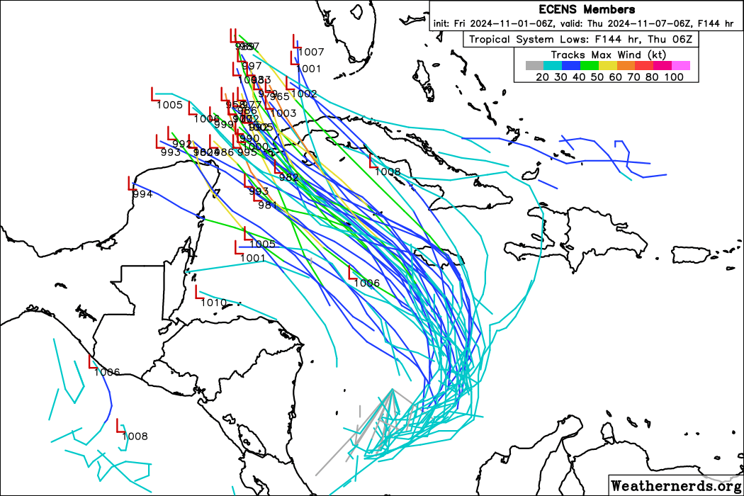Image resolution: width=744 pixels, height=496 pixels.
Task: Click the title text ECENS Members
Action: click(587, 9)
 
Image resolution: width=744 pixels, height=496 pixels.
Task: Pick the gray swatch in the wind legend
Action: click(534, 65)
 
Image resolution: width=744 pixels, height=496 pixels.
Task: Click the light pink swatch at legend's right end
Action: click(680, 65)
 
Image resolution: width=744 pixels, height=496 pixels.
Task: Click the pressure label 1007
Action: click(311, 52)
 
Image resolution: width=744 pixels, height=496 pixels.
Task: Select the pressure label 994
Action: click(142, 194)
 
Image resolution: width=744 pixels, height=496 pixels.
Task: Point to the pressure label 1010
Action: click(213, 303)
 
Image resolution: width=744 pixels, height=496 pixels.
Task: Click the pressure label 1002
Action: click(304, 94)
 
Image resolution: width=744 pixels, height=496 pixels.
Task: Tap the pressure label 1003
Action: click(283, 113)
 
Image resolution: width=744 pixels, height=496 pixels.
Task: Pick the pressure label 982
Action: click(289, 177)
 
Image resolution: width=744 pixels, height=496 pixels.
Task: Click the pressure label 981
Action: click(267, 205)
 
